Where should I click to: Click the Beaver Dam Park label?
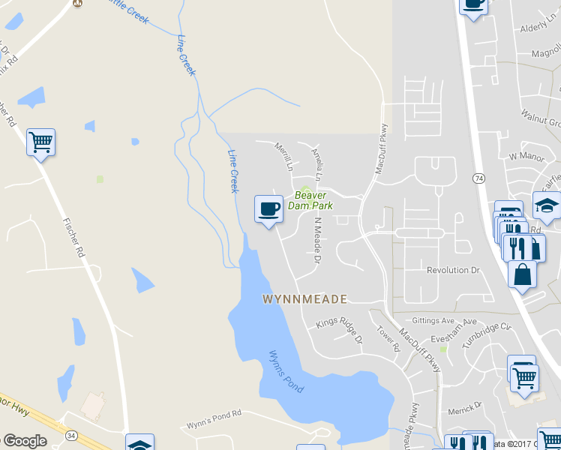[x=310, y=200]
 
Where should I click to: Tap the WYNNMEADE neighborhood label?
[x=304, y=299]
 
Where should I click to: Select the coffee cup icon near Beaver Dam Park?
[x=268, y=209]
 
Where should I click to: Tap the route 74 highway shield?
[x=478, y=178]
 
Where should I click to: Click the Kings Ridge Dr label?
[x=339, y=330]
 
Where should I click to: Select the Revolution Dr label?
[x=452, y=270]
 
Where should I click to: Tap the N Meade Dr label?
[x=317, y=241]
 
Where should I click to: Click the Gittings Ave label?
[x=433, y=320]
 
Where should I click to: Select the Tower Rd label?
[x=384, y=337]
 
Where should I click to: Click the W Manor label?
[x=524, y=157]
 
